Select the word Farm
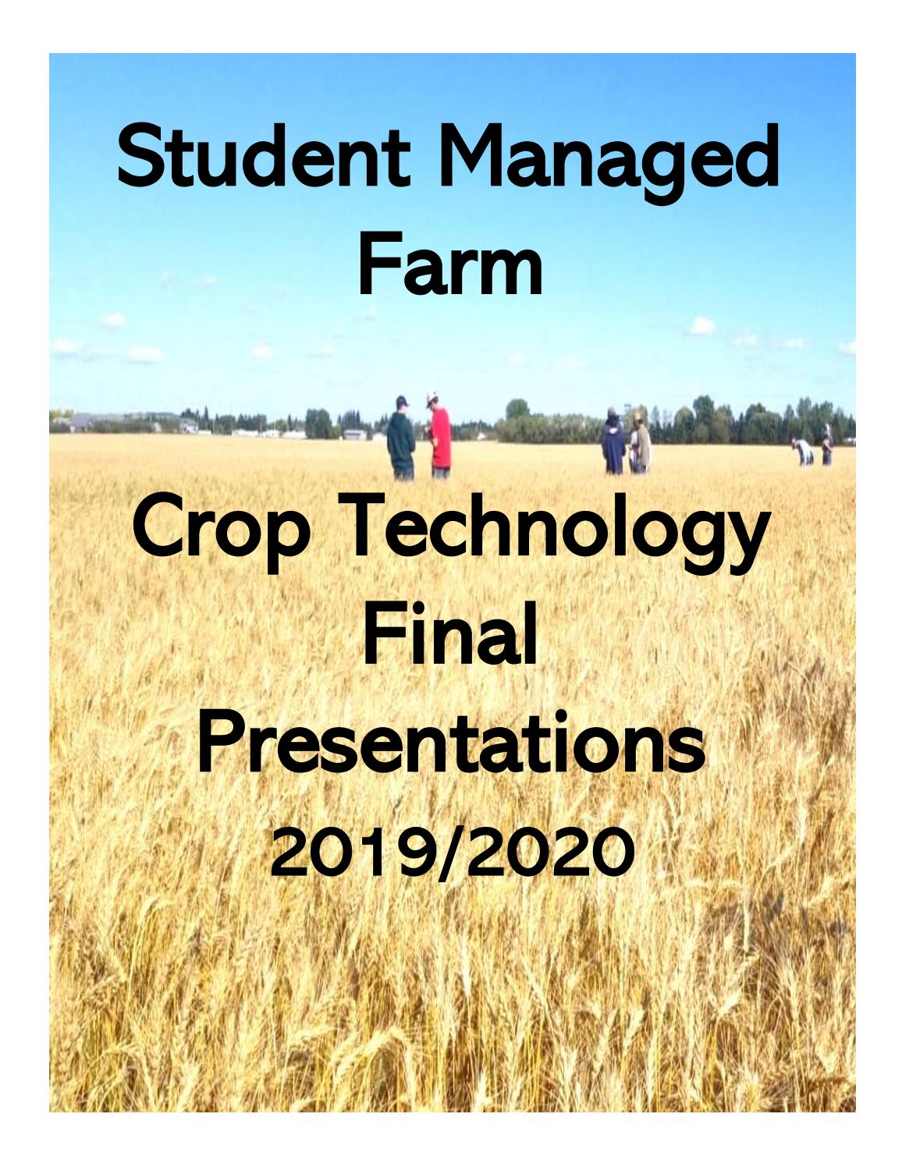[x=450, y=266]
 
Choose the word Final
[x=450, y=640]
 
